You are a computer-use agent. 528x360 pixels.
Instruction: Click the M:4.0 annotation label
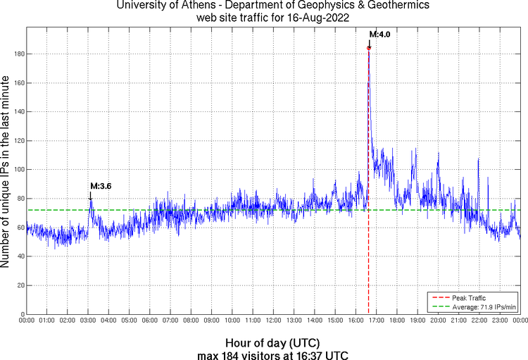tap(380, 35)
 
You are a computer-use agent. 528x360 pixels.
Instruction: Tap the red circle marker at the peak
tap(369, 48)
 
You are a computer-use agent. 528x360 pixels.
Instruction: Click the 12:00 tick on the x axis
tap(272, 321)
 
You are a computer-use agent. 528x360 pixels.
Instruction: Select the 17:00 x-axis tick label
tap(375, 321)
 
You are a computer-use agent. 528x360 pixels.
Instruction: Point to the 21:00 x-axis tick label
tap(458, 321)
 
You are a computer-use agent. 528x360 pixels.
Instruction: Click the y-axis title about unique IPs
tap(6, 173)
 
